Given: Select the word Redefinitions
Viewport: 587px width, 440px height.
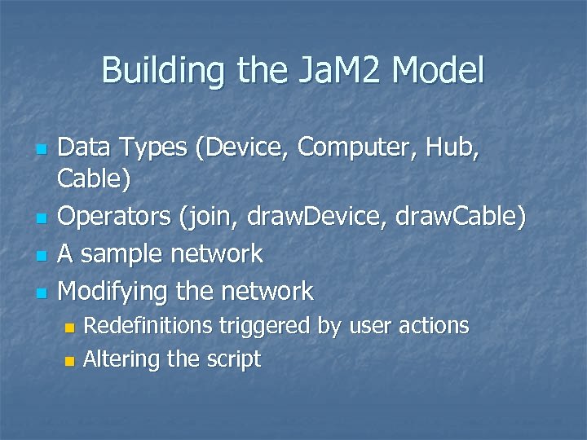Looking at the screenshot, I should pyautogui.click(x=150, y=326).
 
